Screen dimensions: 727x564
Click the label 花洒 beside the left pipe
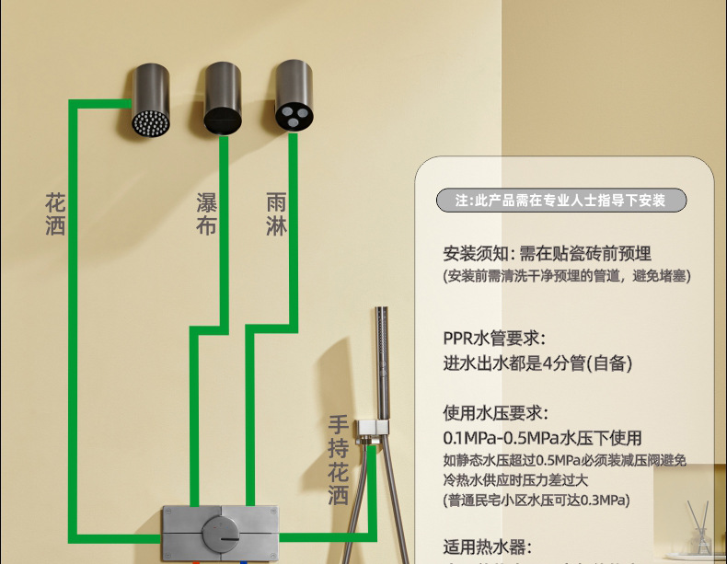55,213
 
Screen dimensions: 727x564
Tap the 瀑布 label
206,213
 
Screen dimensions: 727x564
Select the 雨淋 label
276,213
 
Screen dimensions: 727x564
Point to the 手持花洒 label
339,459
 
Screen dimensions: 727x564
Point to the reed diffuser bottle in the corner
700,534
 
